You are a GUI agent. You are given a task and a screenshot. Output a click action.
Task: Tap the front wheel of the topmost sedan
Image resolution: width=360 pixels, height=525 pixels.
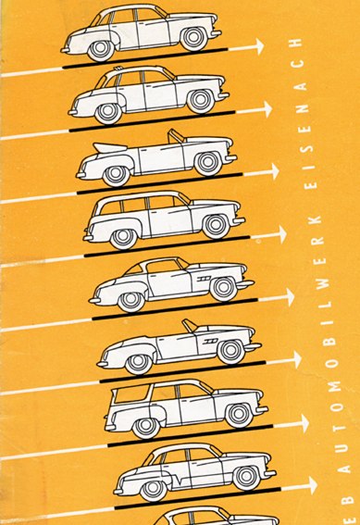point(193,38)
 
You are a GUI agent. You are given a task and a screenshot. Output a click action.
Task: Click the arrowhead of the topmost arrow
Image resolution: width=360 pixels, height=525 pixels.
point(258,44)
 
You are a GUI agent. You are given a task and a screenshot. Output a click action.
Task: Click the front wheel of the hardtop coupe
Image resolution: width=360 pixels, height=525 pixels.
point(222,288)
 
